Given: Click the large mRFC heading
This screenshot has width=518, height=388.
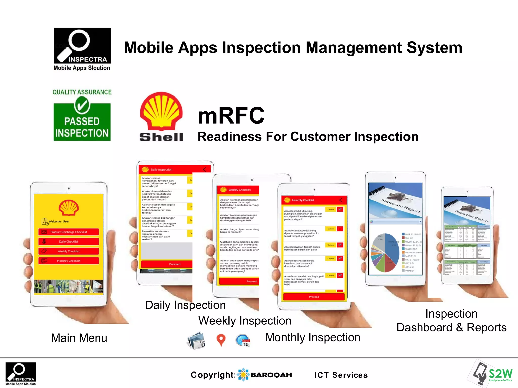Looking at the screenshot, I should tap(231, 115).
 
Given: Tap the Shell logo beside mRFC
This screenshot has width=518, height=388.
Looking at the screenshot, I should tap(161, 116).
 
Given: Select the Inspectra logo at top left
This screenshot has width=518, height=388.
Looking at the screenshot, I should tap(82, 49).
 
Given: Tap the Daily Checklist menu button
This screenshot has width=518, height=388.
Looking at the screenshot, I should tap(69, 241).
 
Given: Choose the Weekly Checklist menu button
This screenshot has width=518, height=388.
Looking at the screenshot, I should tap(69, 251).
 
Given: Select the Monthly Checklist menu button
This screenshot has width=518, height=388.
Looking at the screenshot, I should tap(69, 261).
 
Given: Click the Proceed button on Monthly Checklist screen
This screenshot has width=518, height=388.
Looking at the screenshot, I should tap(314, 297).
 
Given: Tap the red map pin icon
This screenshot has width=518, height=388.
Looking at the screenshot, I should tap(221, 340).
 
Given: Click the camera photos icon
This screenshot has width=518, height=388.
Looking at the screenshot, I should tap(196, 341).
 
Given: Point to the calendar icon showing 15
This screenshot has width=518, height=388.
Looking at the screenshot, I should tap(243, 341).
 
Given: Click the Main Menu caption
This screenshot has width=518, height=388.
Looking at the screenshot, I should tap(79, 338).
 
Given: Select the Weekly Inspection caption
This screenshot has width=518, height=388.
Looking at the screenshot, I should tap(245, 321).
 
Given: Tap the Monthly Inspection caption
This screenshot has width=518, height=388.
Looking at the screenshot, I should tap(313, 337).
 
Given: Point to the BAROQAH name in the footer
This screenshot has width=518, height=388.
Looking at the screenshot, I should tap(271, 375).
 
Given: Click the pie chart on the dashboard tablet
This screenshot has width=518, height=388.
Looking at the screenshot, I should tap(385, 252).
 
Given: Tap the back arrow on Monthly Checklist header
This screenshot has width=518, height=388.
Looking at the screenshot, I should tap(341, 200).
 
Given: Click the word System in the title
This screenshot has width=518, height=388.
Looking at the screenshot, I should tap(434, 48).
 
